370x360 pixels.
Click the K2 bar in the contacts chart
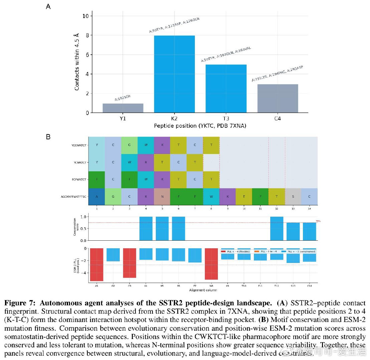(174, 74)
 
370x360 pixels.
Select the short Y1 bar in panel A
(123, 108)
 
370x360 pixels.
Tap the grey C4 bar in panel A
(278, 99)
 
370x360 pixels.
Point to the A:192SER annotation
(123, 98)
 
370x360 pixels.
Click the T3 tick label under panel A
(226, 119)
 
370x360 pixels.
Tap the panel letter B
(48, 137)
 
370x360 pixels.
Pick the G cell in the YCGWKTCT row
(129, 145)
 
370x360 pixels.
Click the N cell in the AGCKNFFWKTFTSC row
(162, 197)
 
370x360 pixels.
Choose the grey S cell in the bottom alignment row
(293, 197)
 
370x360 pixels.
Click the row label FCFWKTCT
(79, 179)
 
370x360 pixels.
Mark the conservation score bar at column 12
(277, 228)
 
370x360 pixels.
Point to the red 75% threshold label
(318, 221)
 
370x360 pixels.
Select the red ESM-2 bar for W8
(211, 264)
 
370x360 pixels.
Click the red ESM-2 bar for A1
(97, 264)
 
